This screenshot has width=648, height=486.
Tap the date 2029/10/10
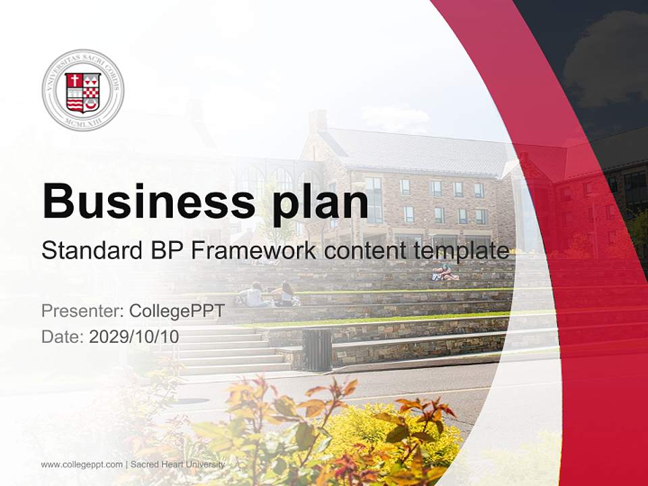tap(134, 337)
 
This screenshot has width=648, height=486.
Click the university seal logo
tap(83, 90)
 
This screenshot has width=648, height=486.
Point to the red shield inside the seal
tap(83, 92)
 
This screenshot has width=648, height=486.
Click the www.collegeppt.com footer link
tap(82, 464)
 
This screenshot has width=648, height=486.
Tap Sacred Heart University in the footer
tap(178, 464)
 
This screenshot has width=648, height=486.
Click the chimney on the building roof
tap(317, 121)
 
